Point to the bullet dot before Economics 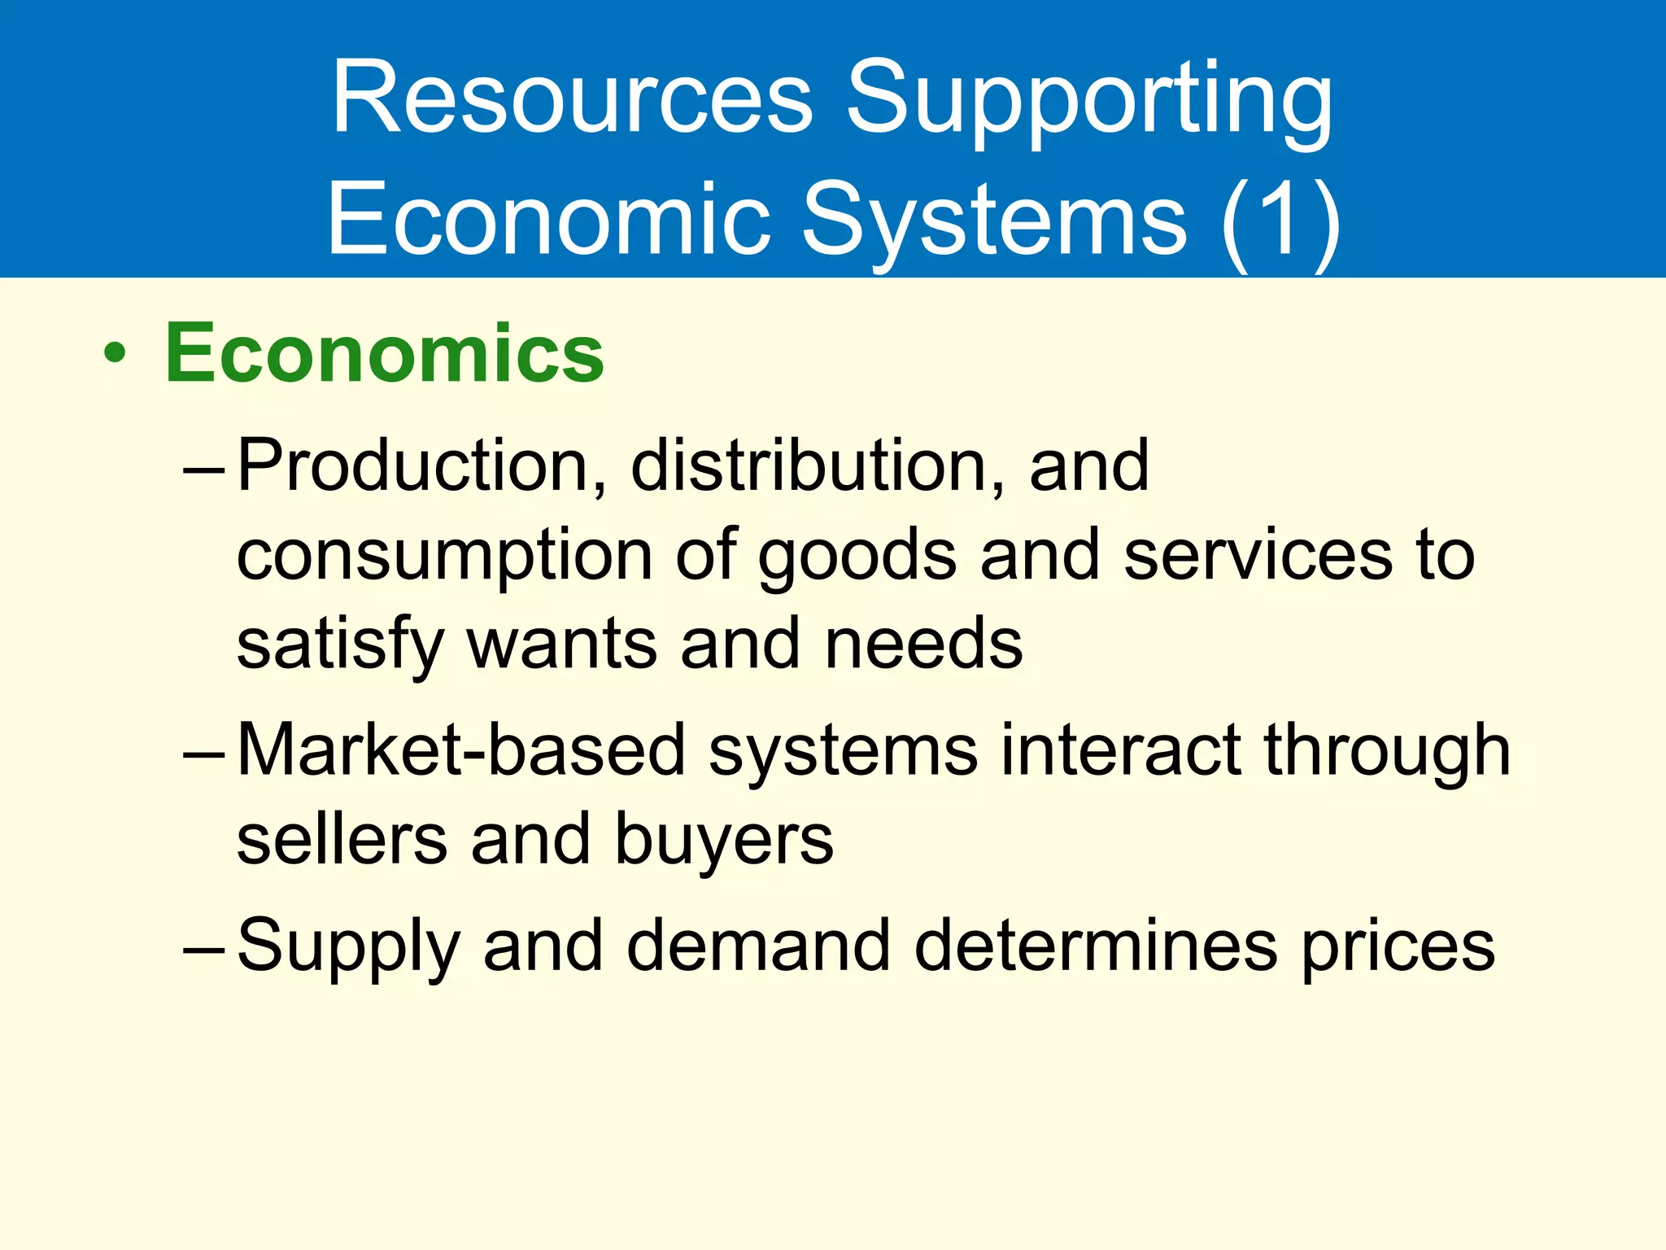(116, 354)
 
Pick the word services (1258, 555)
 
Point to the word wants (562, 645)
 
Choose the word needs (923, 645)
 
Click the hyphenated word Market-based (461, 750)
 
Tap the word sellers (342, 840)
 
